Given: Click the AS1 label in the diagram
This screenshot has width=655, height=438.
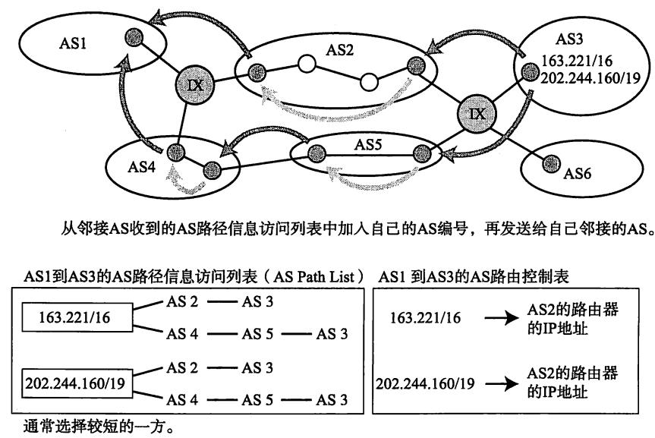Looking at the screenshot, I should click(x=74, y=45).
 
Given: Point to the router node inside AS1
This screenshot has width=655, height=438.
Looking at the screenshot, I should click(x=136, y=37).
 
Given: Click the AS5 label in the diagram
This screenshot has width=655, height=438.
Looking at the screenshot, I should click(x=367, y=141).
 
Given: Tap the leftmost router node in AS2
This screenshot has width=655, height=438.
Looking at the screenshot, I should click(x=257, y=72).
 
